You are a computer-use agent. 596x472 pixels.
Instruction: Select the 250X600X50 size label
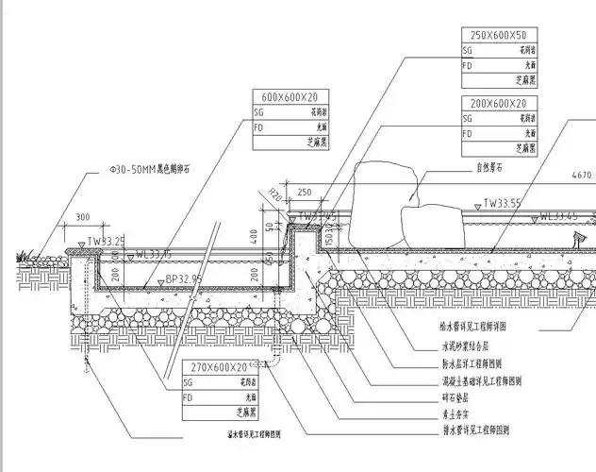[499, 35]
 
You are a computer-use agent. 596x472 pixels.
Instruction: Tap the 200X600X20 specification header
[499, 103]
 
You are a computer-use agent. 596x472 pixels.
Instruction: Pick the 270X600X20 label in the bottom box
[218, 366]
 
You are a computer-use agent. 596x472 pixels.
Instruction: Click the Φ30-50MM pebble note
[150, 171]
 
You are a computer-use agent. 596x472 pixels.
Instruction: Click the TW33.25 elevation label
[107, 242]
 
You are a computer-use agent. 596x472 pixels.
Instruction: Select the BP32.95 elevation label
[183, 278]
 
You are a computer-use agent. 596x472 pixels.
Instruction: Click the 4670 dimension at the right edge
[582, 176]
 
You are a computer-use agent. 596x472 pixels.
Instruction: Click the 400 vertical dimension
[254, 232]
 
